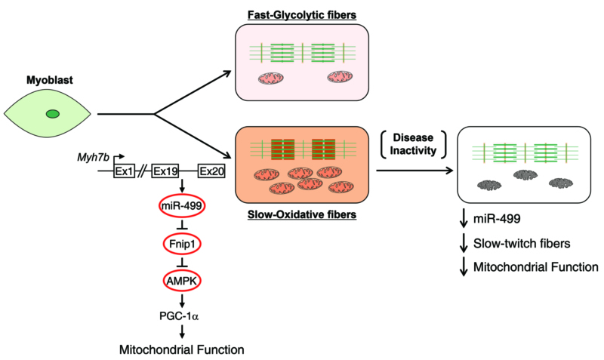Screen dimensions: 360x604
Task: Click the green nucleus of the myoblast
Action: [52, 114]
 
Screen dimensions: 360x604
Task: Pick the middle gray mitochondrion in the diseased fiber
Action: [527, 176]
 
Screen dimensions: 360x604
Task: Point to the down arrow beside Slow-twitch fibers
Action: [463, 242]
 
